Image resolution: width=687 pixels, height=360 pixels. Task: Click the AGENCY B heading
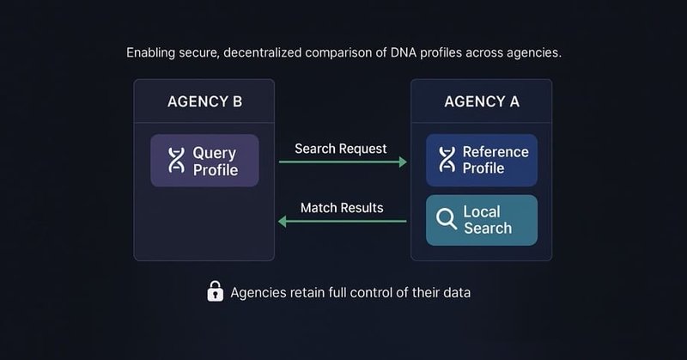point(204,102)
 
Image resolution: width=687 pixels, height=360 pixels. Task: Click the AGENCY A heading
point(482,102)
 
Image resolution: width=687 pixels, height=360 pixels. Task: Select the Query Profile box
point(204,161)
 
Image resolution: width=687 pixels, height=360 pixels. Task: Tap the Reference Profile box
point(482,160)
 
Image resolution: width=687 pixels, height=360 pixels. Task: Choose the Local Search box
point(482,220)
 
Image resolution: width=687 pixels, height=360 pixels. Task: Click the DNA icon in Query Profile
point(176,161)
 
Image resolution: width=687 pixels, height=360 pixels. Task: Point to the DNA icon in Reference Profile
point(447,160)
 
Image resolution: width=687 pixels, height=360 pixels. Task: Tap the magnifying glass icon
point(447,220)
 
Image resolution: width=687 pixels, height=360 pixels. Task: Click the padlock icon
point(216,292)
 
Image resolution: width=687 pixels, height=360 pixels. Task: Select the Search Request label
point(341,148)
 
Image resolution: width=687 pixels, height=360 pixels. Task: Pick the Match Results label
point(342,208)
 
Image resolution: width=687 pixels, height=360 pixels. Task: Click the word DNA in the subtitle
point(405,53)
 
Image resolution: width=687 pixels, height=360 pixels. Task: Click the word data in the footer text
point(455,292)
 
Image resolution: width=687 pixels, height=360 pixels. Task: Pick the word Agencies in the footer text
point(258,292)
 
